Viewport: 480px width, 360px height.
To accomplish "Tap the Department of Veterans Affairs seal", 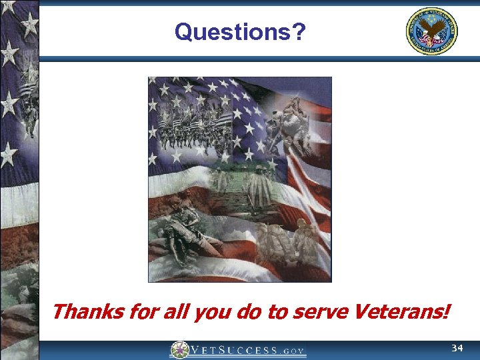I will [x=432, y=31].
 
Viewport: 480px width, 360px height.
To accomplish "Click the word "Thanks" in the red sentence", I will [x=78, y=311].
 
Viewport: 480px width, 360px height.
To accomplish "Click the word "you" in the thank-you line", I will [x=213, y=312].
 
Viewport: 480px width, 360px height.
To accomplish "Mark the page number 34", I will [x=457, y=349].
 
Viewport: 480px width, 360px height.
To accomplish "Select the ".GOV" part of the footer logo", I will [x=293, y=350].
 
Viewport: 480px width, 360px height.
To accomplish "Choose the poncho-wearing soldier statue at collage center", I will [x=257, y=183].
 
